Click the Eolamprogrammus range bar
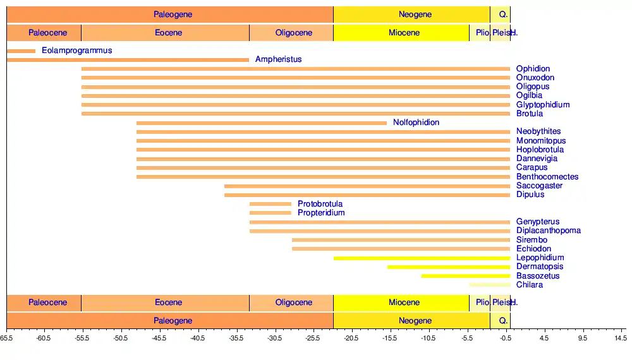click(21, 51)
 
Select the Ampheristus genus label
click(278, 59)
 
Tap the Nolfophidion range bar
click(261, 123)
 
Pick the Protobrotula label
click(320, 204)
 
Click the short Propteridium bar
click(270, 213)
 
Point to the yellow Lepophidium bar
click(422, 258)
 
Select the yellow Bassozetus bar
click(465, 276)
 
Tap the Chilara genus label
click(529, 285)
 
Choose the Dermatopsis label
click(539, 267)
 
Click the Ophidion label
click(533, 69)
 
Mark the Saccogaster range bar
click(367, 186)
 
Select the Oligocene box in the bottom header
click(293, 303)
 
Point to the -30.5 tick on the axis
click(275, 330)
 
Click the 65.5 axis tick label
click(6, 339)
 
